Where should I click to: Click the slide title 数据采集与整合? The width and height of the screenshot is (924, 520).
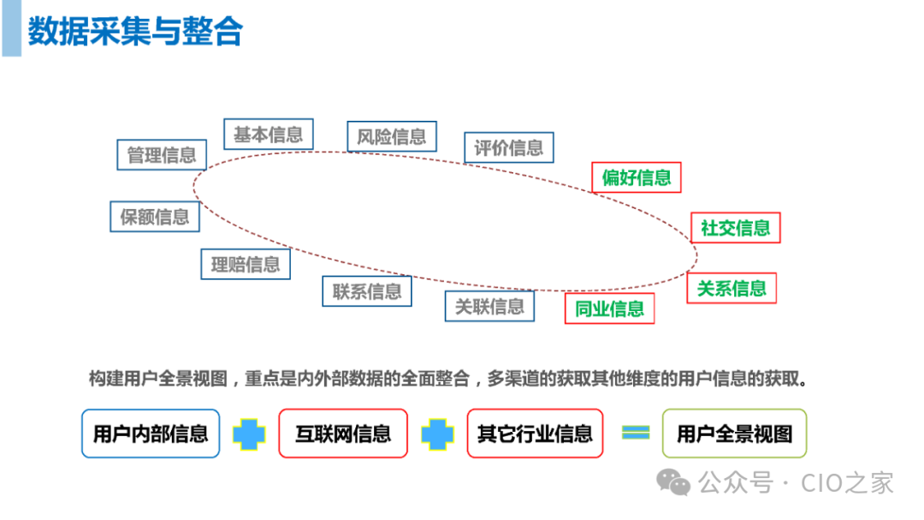coord(135,32)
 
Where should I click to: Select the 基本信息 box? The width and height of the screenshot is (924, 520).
coord(268,134)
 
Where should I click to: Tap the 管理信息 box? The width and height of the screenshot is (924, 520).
coord(162,155)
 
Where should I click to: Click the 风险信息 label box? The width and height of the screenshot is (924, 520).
coord(392,137)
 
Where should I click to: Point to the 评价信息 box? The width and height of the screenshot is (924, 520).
coord(509,147)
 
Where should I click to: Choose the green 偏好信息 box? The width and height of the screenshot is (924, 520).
coord(637,178)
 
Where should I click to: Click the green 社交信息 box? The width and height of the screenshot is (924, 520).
coord(736,228)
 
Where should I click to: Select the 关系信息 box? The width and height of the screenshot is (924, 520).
coord(731,288)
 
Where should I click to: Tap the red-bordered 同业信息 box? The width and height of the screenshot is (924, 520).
coord(609,308)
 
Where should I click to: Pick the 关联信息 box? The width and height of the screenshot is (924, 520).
coord(489,306)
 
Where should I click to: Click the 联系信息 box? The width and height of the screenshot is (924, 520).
coord(367,291)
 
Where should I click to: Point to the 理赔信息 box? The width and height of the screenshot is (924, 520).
coord(246,265)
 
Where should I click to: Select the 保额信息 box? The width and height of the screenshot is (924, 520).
coord(155,217)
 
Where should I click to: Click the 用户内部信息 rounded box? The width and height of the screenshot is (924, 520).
coord(151,433)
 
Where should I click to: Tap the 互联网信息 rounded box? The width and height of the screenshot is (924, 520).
coord(342,433)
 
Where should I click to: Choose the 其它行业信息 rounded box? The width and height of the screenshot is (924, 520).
coord(535,433)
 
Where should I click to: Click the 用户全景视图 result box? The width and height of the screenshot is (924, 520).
coord(734,433)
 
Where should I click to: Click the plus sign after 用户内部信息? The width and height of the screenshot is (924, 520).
coord(250,434)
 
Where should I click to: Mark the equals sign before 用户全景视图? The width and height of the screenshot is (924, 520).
coord(635,433)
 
